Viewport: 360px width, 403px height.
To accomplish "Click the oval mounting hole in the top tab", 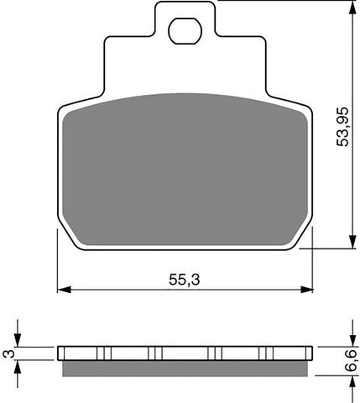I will pos(183,32).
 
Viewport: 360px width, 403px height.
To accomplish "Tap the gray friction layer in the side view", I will pos(185,366).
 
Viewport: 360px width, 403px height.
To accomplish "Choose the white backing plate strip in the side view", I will pos(185,352).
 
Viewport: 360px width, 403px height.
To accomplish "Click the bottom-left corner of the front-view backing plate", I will pos(74,248).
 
